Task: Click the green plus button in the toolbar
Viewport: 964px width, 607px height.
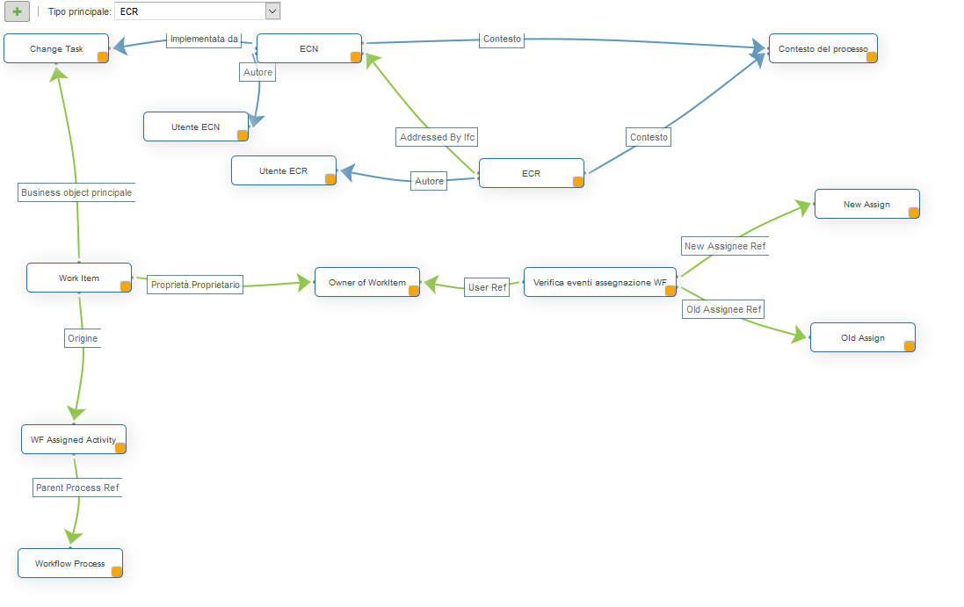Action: click(x=18, y=11)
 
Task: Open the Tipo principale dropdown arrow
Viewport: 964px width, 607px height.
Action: click(x=272, y=11)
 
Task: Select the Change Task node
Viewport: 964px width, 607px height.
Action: click(x=56, y=49)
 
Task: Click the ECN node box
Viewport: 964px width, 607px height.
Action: click(x=308, y=49)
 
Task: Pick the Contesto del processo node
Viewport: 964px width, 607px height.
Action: click(x=823, y=49)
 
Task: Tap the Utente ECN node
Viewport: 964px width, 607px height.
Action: click(x=195, y=127)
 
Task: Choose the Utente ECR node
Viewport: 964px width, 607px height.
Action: click(x=283, y=171)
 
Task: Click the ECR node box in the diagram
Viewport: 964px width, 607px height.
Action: click(x=531, y=174)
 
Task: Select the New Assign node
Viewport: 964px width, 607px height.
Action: click(x=866, y=205)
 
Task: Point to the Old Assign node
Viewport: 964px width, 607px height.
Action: click(x=862, y=338)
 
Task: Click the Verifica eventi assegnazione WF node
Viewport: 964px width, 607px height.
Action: click(x=599, y=283)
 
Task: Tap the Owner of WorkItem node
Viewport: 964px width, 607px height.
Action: click(x=366, y=283)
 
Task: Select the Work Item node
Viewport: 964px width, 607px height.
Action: click(x=78, y=278)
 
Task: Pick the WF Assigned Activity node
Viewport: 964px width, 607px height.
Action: click(x=73, y=440)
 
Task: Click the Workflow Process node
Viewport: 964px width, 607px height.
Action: click(x=69, y=564)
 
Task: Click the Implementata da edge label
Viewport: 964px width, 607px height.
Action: click(x=203, y=40)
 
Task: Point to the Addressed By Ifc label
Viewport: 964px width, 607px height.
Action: click(x=438, y=138)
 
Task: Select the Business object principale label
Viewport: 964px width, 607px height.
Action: click(x=76, y=193)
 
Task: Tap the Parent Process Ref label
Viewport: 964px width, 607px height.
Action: click(x=76, y=488)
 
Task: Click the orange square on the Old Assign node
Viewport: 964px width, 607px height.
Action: click(x=910, y=346)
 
